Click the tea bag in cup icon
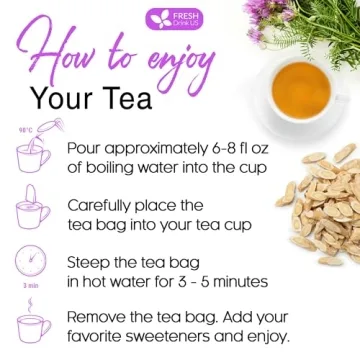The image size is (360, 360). (32, 209)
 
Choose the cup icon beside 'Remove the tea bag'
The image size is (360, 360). (32, 325)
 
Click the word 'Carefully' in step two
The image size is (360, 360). (103, 204)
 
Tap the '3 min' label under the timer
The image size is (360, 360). (30, 286)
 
